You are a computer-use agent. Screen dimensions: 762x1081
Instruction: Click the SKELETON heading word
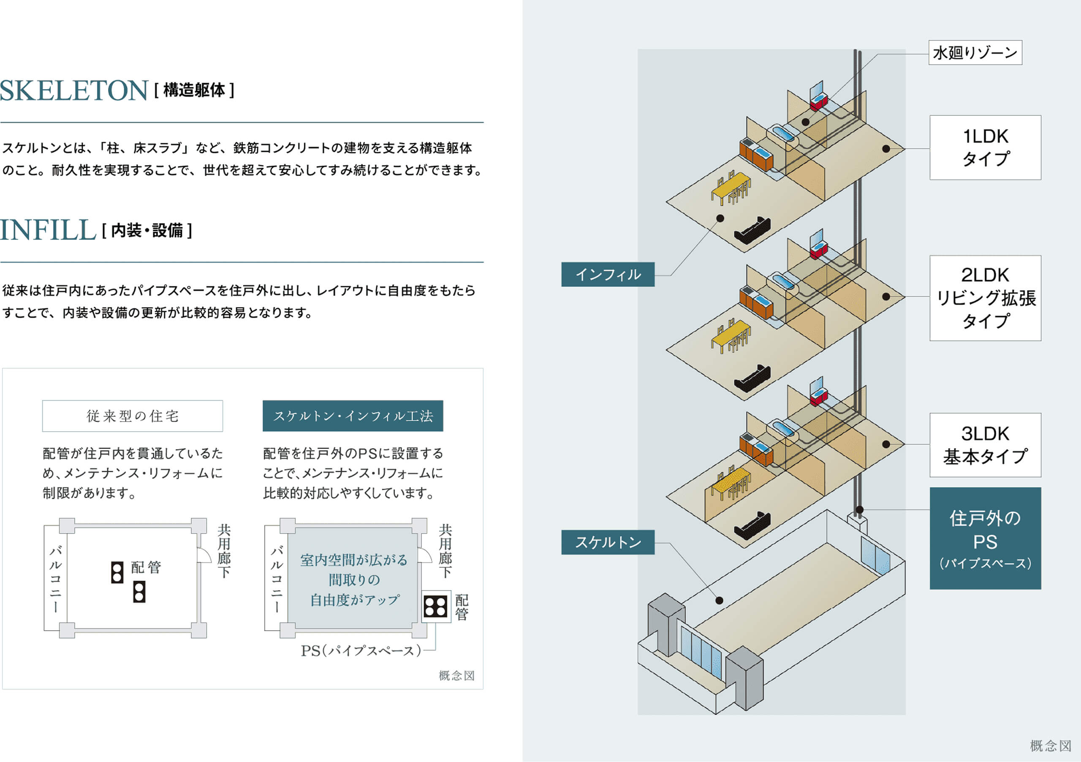[x=74, y=90]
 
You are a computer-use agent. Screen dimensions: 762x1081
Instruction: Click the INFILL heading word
[x=48, y=230]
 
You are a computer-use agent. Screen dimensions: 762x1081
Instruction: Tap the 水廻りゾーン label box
[x=975, y=53]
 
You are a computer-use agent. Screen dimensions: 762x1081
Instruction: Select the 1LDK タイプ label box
[x=985, y=147]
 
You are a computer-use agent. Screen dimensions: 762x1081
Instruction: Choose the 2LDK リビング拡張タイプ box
[x=985, y=298]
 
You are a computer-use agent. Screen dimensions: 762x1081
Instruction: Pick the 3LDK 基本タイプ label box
[x=985, y=445]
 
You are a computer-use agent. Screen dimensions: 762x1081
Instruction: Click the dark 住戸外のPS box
[x=985, y=538]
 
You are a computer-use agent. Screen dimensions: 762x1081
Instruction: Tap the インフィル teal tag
[x=607, y=275]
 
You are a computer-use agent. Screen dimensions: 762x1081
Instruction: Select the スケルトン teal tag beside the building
[x=607, y=542]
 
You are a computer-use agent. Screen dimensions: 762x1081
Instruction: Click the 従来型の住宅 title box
[x=132, y=416]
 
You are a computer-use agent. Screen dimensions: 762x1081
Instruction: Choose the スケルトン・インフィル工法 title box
[x=353, y=416]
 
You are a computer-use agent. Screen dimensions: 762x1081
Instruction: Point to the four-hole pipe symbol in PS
[x=435, y=607]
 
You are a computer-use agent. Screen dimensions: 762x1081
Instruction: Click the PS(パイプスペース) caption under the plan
[x=361, y=651]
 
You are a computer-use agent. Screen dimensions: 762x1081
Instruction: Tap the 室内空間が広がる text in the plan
[x=353, y=560]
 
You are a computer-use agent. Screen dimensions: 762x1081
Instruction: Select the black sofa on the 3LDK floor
[x=752, y=525]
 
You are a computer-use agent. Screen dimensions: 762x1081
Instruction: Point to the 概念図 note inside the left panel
[x=456, y=676]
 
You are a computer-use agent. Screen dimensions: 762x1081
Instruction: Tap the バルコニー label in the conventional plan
[x=56, y=578]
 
